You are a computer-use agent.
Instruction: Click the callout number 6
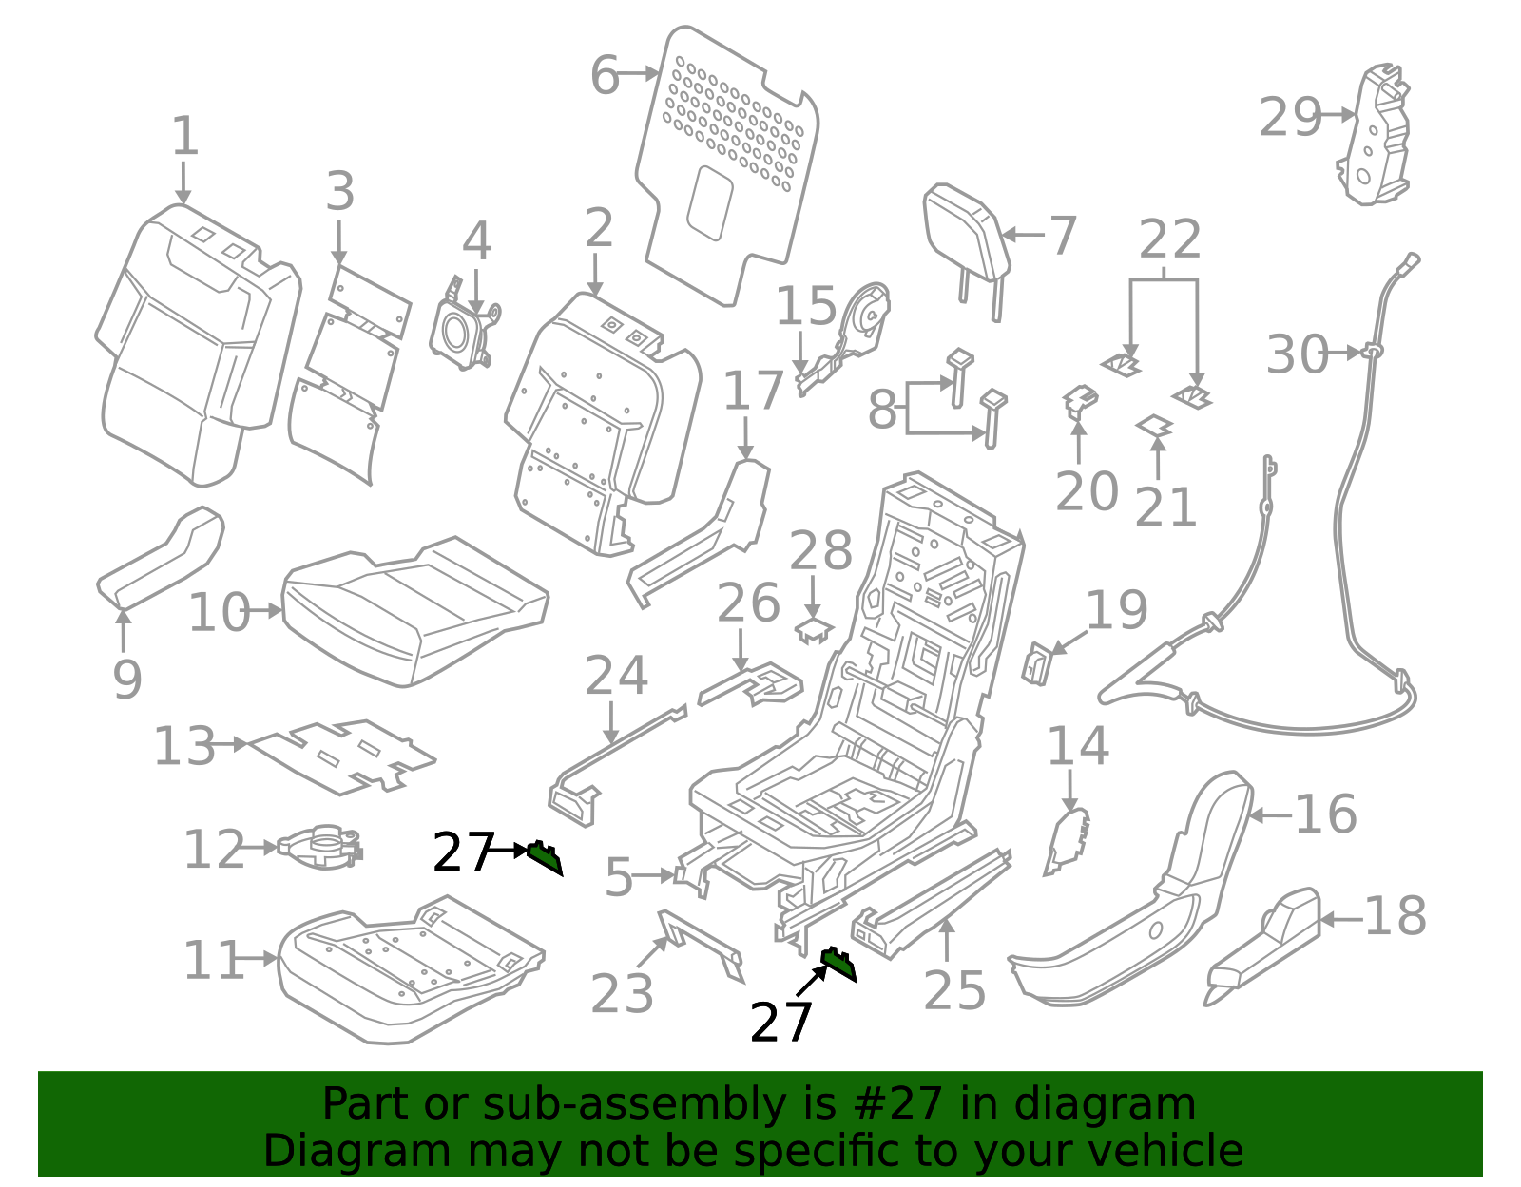point(605,75)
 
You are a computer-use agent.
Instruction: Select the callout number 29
point(1290,118)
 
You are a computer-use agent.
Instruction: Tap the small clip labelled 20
point(1078,400)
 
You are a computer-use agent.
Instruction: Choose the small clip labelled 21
point(1155,427)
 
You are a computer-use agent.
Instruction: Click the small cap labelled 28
point(813,629)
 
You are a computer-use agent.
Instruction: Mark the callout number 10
point(218,613)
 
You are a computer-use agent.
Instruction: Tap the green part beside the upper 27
point(545,856)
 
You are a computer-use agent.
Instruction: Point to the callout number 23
point(622,994)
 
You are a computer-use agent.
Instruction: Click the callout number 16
point(1325,814)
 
